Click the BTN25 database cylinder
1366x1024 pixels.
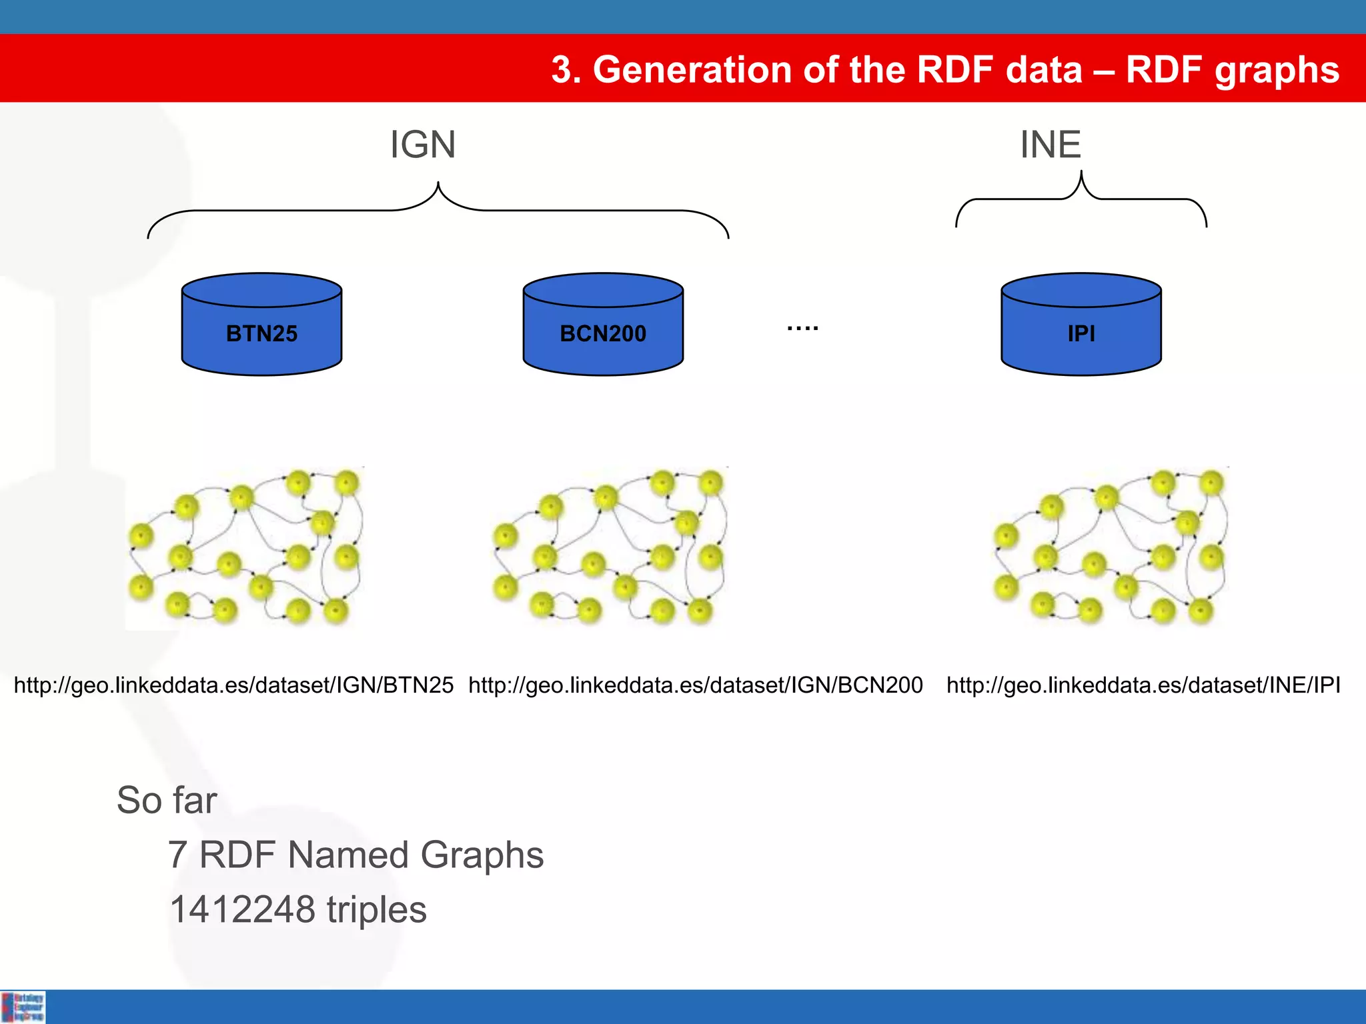click(x=261, y=325)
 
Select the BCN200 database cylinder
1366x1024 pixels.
click(x=603, y=325)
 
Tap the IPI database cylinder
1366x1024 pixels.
click(x=1081, y=325)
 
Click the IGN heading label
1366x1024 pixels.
click(x=423, y=145)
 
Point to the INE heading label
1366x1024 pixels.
click(x=1051, y=145)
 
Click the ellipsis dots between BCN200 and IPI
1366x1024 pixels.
click(x=802, y=328)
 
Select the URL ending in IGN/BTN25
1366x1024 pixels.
click(x=233, y=685)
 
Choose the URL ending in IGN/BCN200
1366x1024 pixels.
click(x=695, y=685)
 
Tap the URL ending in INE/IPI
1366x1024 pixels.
click(x=1143, y=685)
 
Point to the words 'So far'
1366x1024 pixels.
click(x=167, y=800)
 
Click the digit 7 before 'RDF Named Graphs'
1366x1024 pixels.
click(x=177, y=855)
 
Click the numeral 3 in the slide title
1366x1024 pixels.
click(x=562, y=70)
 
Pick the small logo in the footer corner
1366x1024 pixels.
click(x=23, y=1007)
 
